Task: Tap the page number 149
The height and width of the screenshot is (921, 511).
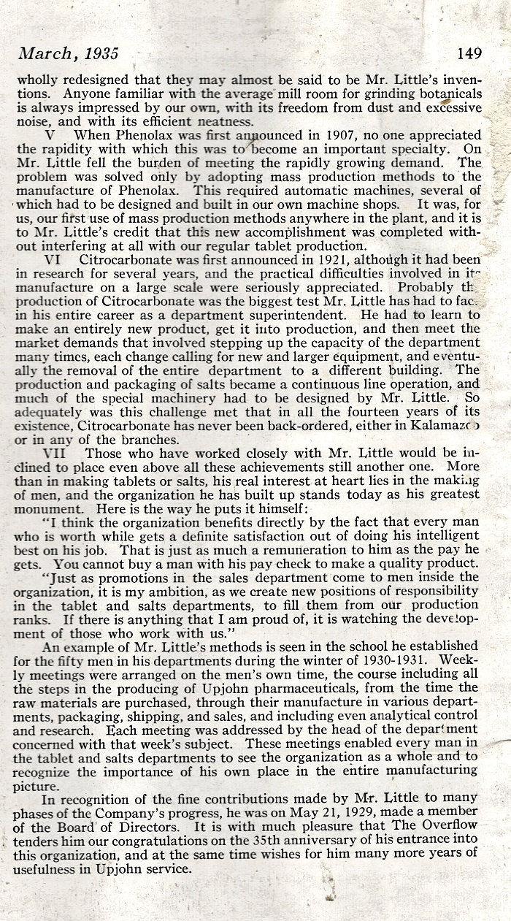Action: point(469,54)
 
